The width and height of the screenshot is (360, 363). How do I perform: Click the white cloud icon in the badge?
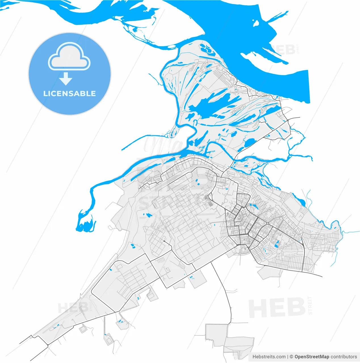tap(69, 57)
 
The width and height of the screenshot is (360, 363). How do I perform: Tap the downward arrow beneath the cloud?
tap(66, 79)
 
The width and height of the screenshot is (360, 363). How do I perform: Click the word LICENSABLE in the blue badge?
tap(70, 94)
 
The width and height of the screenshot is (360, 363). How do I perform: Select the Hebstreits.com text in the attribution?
tap(269, 357)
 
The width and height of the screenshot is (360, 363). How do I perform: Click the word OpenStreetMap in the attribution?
tap(312, 357)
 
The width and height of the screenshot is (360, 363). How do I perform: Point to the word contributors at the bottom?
tap(344, 357)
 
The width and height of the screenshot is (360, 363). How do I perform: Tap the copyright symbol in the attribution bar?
tap(291, 357)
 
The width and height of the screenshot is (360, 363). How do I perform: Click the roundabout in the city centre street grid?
tap(267, 223)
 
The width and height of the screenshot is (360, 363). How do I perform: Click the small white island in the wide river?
tap(256, 23)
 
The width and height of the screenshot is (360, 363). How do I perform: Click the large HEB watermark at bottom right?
tap(277, 308)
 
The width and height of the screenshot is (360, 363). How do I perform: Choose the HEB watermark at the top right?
tap(284, 50)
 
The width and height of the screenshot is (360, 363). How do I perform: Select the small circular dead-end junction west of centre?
tap(164, 241)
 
